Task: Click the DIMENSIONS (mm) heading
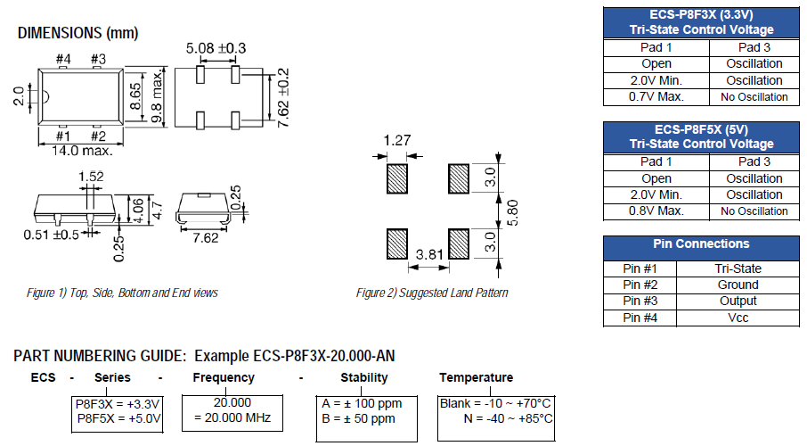pyautogui.click(x=77, y=33)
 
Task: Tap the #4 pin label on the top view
pyautogui.click(x=62, y=60)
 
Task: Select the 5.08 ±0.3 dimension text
pyautogui.click(x=216, y=47)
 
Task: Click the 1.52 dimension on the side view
pyautogui.click(x=91, y=177)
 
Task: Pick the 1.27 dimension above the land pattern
pyautogui.click(x=396, y=140)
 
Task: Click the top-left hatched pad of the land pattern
pyautogui.click(x=397, y=178)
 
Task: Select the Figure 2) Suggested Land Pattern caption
pyautogui.click(x=432, y=293)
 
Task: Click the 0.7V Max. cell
pyautogui.click(x=656, y=96)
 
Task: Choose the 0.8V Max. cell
pyautogui.click(x=656, y=211)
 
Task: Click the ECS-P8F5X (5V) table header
pyautogui.click(x=701, y=136)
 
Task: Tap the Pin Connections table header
pyautogui.click(x=701, y=244)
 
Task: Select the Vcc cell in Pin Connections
pyautogui.click(x=738, y=318)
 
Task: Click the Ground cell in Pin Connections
pyautogui.click(x=738, y=285)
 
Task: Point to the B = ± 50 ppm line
pyautogui.click(x=358, y=418)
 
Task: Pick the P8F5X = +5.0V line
pyautogui.click(x=118, y=418)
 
